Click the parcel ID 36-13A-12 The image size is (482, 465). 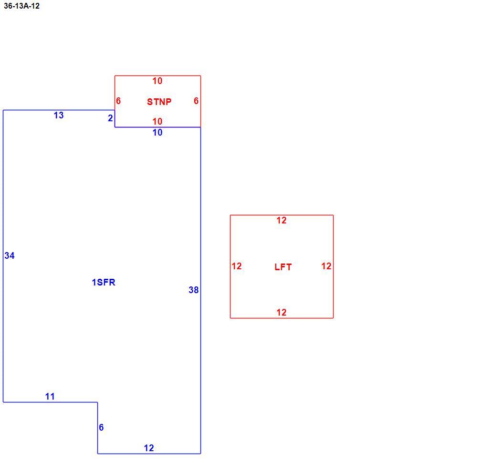tap(21, 6)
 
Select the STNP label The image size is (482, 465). tap(159, 102)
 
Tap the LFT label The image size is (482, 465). tap(283, 267)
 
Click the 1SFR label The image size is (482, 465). tap(104, 282)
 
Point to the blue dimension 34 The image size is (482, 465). tap(10, 255)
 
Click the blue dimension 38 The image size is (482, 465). tap(194, 290)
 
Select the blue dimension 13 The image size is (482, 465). tap(59, 115)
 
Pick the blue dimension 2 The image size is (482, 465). tap(110, 118)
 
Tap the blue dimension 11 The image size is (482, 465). tap(50, 396)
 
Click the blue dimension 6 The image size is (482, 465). tap(101, 427)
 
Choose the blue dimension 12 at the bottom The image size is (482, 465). tap(149, 448)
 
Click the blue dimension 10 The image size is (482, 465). tap(157, 132)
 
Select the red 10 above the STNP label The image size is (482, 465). tap(157, 81)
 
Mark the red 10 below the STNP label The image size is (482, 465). tap(157, 121)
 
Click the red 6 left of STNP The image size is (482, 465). tap(118, 101)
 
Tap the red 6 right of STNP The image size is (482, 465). tap(196, 101)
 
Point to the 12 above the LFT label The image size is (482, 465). tap(282, 220)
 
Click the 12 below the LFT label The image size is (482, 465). tap(282, 312)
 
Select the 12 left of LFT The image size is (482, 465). tap(237, 266)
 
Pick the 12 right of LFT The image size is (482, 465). tap(326, 266)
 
